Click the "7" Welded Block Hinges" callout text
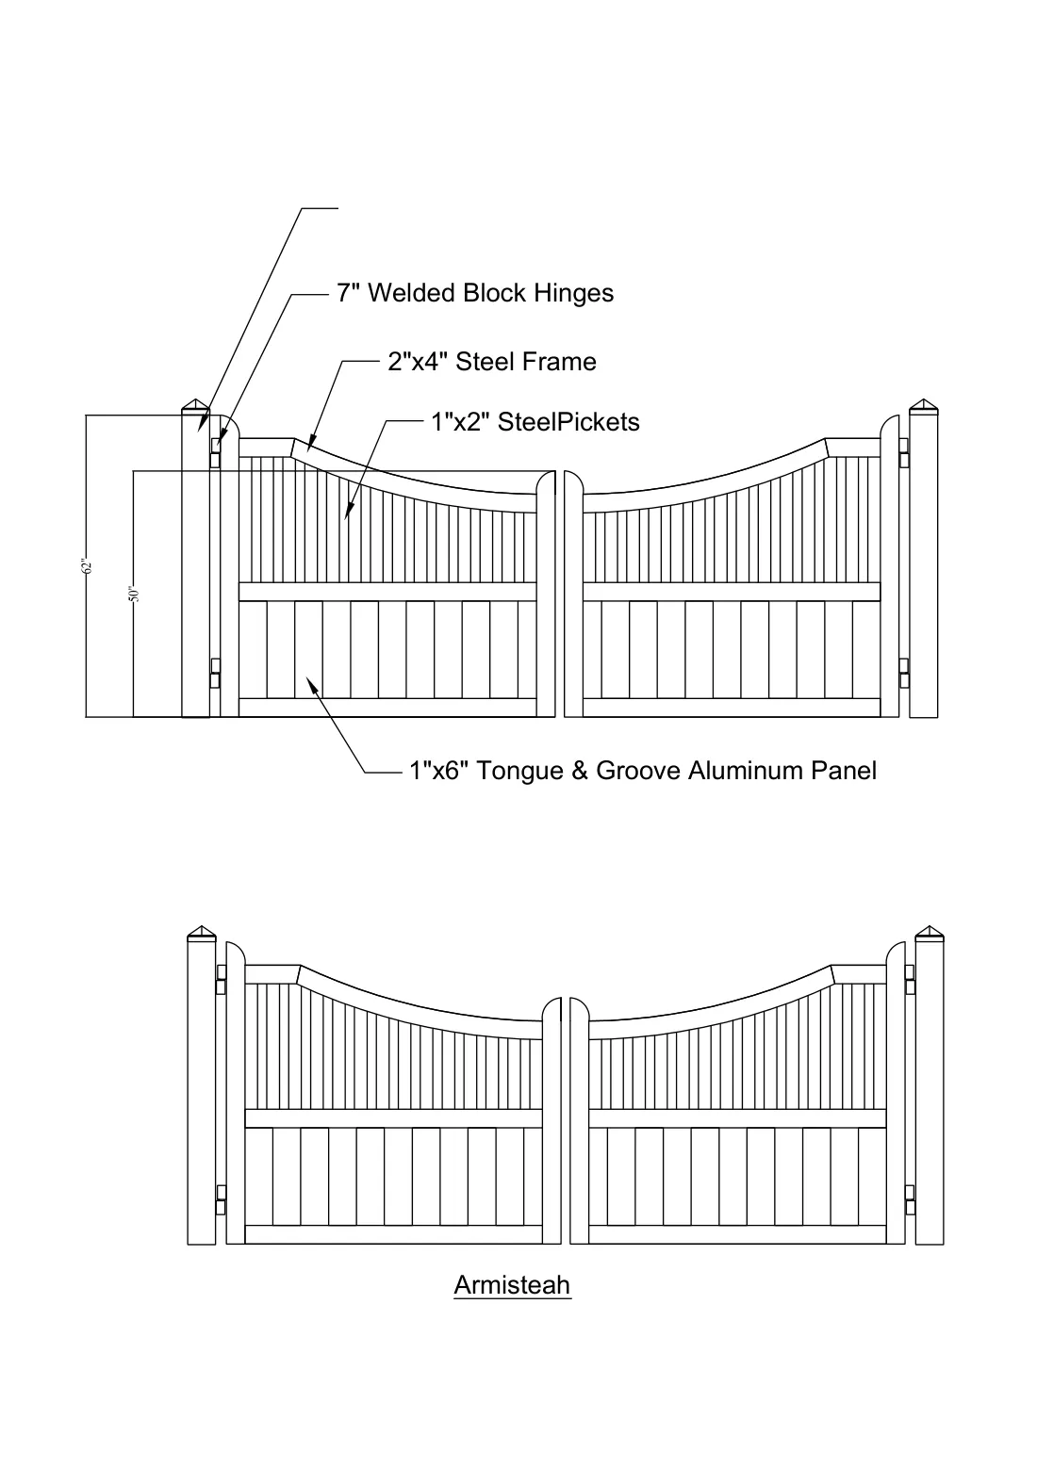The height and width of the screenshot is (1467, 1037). tap(475, 293)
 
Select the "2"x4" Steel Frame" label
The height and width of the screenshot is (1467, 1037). tap(492, 362)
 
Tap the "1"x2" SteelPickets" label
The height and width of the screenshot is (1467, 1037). tap(535, 422)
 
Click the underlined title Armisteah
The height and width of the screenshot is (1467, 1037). tap(512, 1285)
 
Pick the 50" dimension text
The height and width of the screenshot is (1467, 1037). tap(134, 594)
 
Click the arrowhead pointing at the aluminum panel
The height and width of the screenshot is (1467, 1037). tap(312, 685)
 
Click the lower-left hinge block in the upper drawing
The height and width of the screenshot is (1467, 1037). tap(215, 674)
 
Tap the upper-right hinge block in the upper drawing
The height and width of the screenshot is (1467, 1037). tap(905, 452)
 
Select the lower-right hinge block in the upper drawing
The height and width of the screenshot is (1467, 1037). tap(905, 674)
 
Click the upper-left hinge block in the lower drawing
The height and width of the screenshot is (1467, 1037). tap(222, 979)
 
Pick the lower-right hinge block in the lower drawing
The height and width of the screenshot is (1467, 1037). tap(910, 1199)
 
